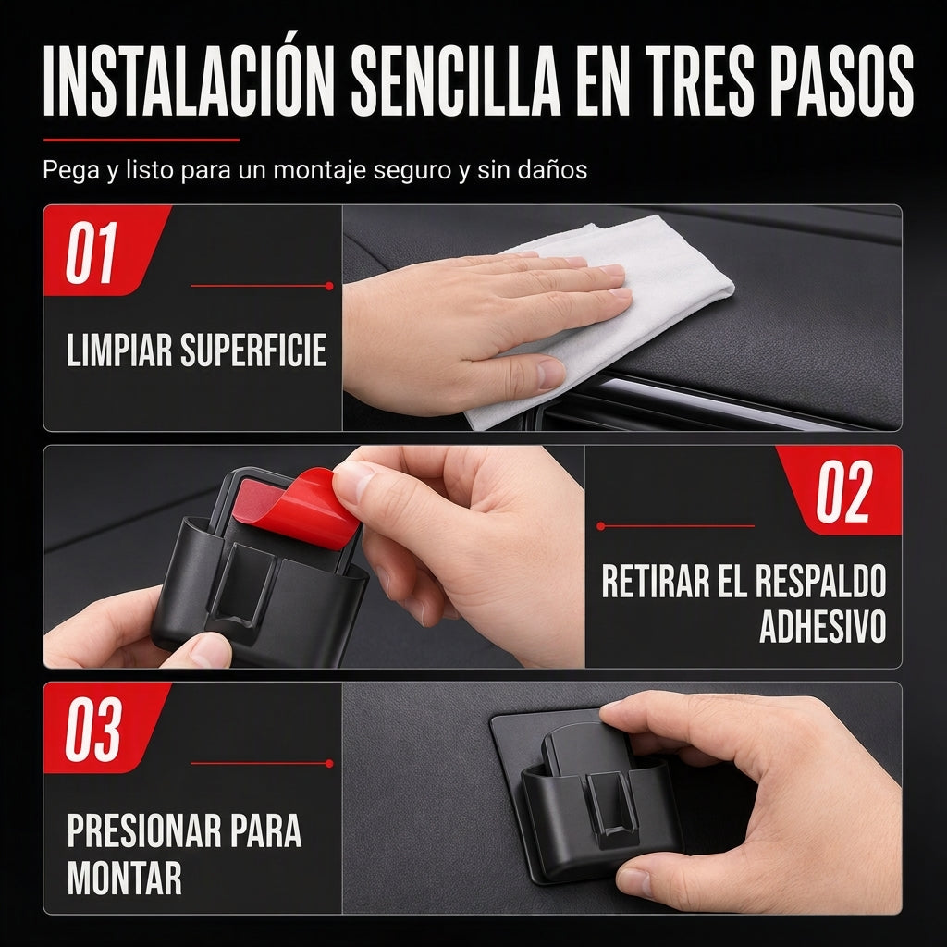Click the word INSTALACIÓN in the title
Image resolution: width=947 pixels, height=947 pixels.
pos(189,80)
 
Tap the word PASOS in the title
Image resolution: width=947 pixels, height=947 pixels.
pos(842,80)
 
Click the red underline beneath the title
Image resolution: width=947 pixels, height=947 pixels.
pos(141,140)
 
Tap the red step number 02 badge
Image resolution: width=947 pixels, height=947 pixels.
pos(840,490)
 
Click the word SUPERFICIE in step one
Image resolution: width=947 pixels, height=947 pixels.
pos(253,350)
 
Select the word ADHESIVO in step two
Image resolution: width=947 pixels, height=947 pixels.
pos(822,626)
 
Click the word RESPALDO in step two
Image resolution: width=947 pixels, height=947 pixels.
pos(819,581)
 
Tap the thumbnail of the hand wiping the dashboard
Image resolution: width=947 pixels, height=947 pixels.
pos(622,318)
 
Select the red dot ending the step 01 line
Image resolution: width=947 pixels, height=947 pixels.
pos(329,287)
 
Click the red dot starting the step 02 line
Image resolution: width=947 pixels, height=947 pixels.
pos(600,526)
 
